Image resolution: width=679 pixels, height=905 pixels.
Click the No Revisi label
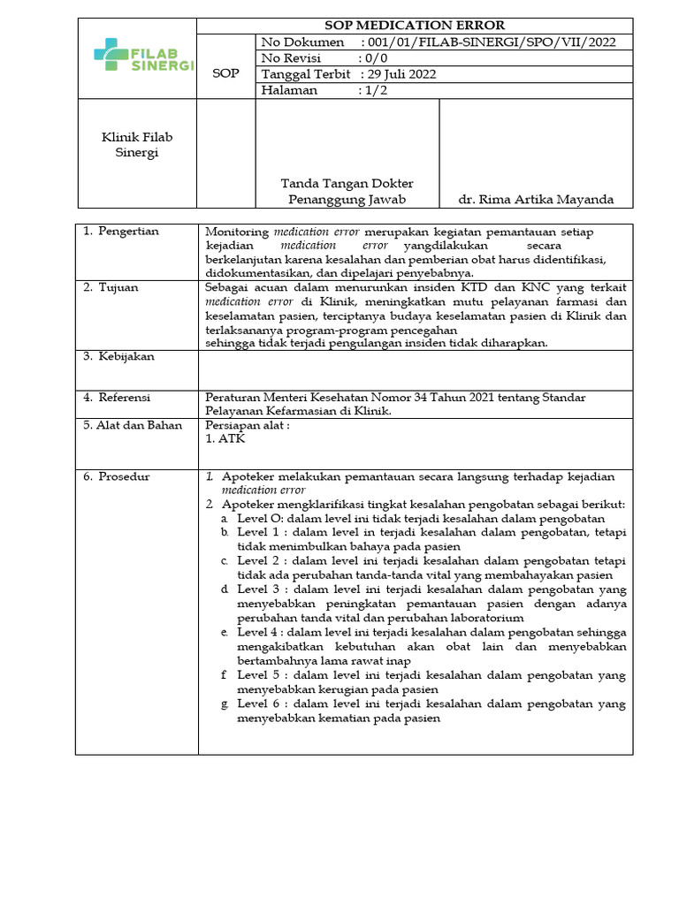294,58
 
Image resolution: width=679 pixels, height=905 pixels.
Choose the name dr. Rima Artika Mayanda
537,200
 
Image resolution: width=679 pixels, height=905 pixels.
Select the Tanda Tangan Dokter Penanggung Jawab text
347,192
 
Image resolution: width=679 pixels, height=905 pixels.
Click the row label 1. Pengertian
121,232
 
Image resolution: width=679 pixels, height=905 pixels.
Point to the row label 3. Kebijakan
118,356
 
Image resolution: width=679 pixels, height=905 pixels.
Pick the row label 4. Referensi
118,398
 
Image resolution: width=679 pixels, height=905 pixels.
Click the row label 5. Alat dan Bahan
133,425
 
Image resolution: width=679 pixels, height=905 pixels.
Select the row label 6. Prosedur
117,476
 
